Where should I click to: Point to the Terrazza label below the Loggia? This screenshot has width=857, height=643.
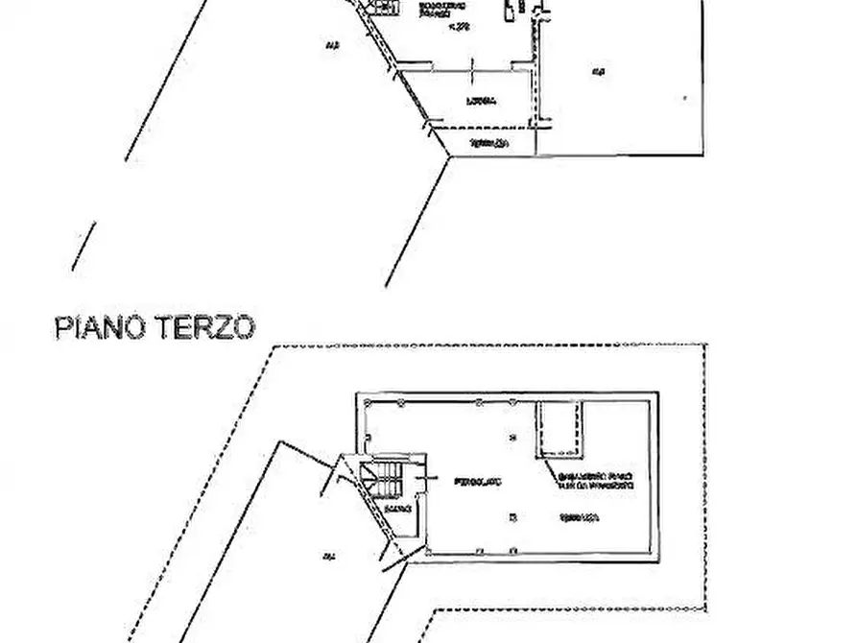488,144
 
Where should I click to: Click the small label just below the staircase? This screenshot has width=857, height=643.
394,508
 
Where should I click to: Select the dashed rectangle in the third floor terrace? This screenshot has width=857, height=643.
560,429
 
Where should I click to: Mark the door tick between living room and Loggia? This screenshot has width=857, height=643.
475,65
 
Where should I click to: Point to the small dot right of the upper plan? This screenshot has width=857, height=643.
684,97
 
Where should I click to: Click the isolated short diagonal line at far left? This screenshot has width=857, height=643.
84,246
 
